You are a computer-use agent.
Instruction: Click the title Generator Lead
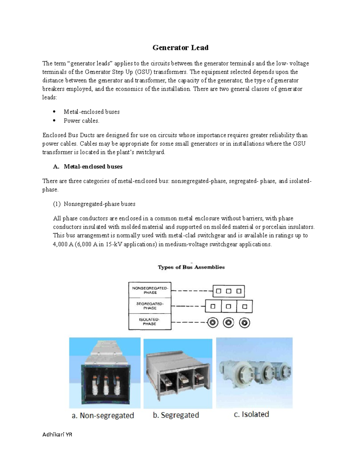click(180, 48)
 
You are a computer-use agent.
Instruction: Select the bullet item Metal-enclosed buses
click(91, 112)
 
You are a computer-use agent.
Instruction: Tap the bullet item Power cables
click(81, 121)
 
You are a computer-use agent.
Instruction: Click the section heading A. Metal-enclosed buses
click(88, 167)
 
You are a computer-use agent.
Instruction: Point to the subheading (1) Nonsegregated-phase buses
click(94, 204)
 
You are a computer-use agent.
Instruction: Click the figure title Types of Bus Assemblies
click(191, 267)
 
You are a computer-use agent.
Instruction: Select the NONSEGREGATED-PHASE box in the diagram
click(150, 290)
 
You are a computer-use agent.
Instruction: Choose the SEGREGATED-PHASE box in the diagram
click(150, 306)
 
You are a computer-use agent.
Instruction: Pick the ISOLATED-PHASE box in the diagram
click(150, 322)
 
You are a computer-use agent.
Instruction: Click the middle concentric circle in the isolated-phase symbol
click(228, 323)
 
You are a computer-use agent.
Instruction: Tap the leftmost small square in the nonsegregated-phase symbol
click(219, 291)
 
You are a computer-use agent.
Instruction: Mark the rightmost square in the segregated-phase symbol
click(245, 307)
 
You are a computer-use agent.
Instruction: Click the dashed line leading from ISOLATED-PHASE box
click(189, 323)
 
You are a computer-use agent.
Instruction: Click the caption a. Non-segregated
click(103, 416)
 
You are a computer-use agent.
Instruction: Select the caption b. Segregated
click(176, 415)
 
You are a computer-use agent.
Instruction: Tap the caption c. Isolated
click(251, 414)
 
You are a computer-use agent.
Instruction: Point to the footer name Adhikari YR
click(57, 435)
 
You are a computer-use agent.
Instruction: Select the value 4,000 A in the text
click(63, 244)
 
